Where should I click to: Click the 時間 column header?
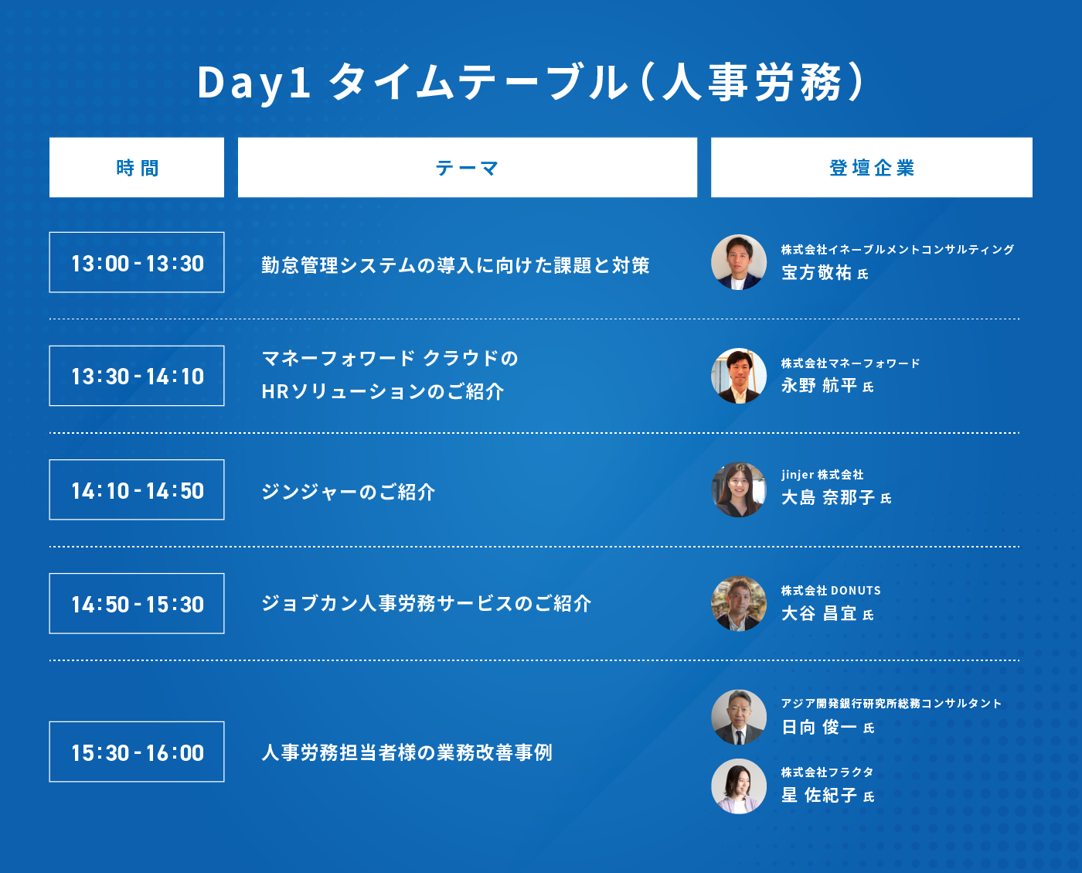pos(137,167)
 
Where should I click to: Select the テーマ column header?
pos(467,167)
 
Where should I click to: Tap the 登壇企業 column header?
pos(871,167)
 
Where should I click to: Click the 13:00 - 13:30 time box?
pos(137,262)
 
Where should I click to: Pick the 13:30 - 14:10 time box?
pos(137,376)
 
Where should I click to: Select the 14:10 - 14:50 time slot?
pos(137,489)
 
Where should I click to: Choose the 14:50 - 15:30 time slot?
pos(137,603)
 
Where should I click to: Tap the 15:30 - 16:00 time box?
pos(137,752)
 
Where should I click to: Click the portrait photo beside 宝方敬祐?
pos(739,262)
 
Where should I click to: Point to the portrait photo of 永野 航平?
pos(739,376)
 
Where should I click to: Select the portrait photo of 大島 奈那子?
pos(739,489)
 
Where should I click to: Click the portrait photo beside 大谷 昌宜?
pos(739,603)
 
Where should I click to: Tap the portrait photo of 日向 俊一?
pos(739,717)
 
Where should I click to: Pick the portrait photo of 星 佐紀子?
pos(739,786)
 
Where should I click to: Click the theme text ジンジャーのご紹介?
pos(348,492)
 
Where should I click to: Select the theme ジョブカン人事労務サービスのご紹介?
pos(427,603)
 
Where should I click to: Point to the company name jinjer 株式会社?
pos(822,475)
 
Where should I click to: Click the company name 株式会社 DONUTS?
pos(831,590)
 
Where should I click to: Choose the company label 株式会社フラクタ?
pos(827,772)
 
